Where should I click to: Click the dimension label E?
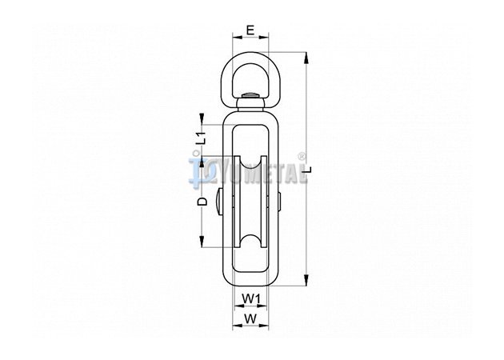tap(250, 30)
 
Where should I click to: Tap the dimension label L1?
tap(202, 138)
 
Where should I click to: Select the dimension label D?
tap(202, 202)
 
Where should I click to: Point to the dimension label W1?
tap(250, 299)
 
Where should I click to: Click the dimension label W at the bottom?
tap(250, 319)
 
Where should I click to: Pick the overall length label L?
tap(308, 170)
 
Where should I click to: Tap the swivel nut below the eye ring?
tap(250, 104)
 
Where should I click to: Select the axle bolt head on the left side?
tap(218, 202)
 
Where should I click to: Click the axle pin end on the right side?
tap(279, 202)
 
